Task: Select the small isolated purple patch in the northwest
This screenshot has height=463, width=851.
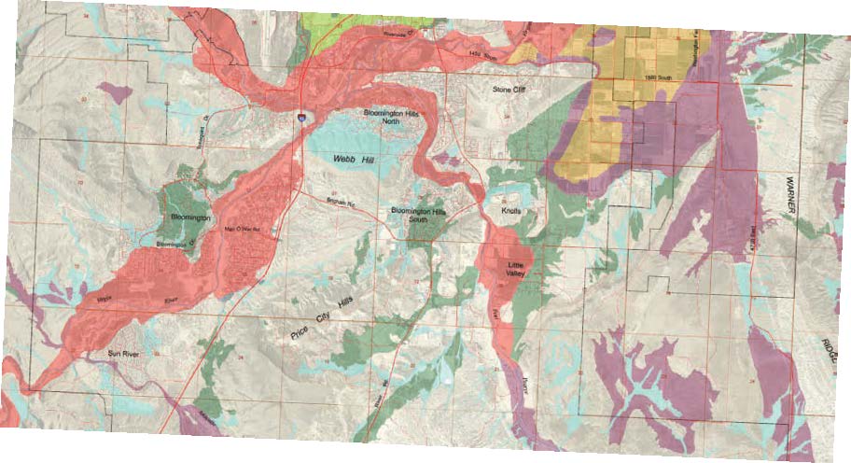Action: point(116,91)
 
